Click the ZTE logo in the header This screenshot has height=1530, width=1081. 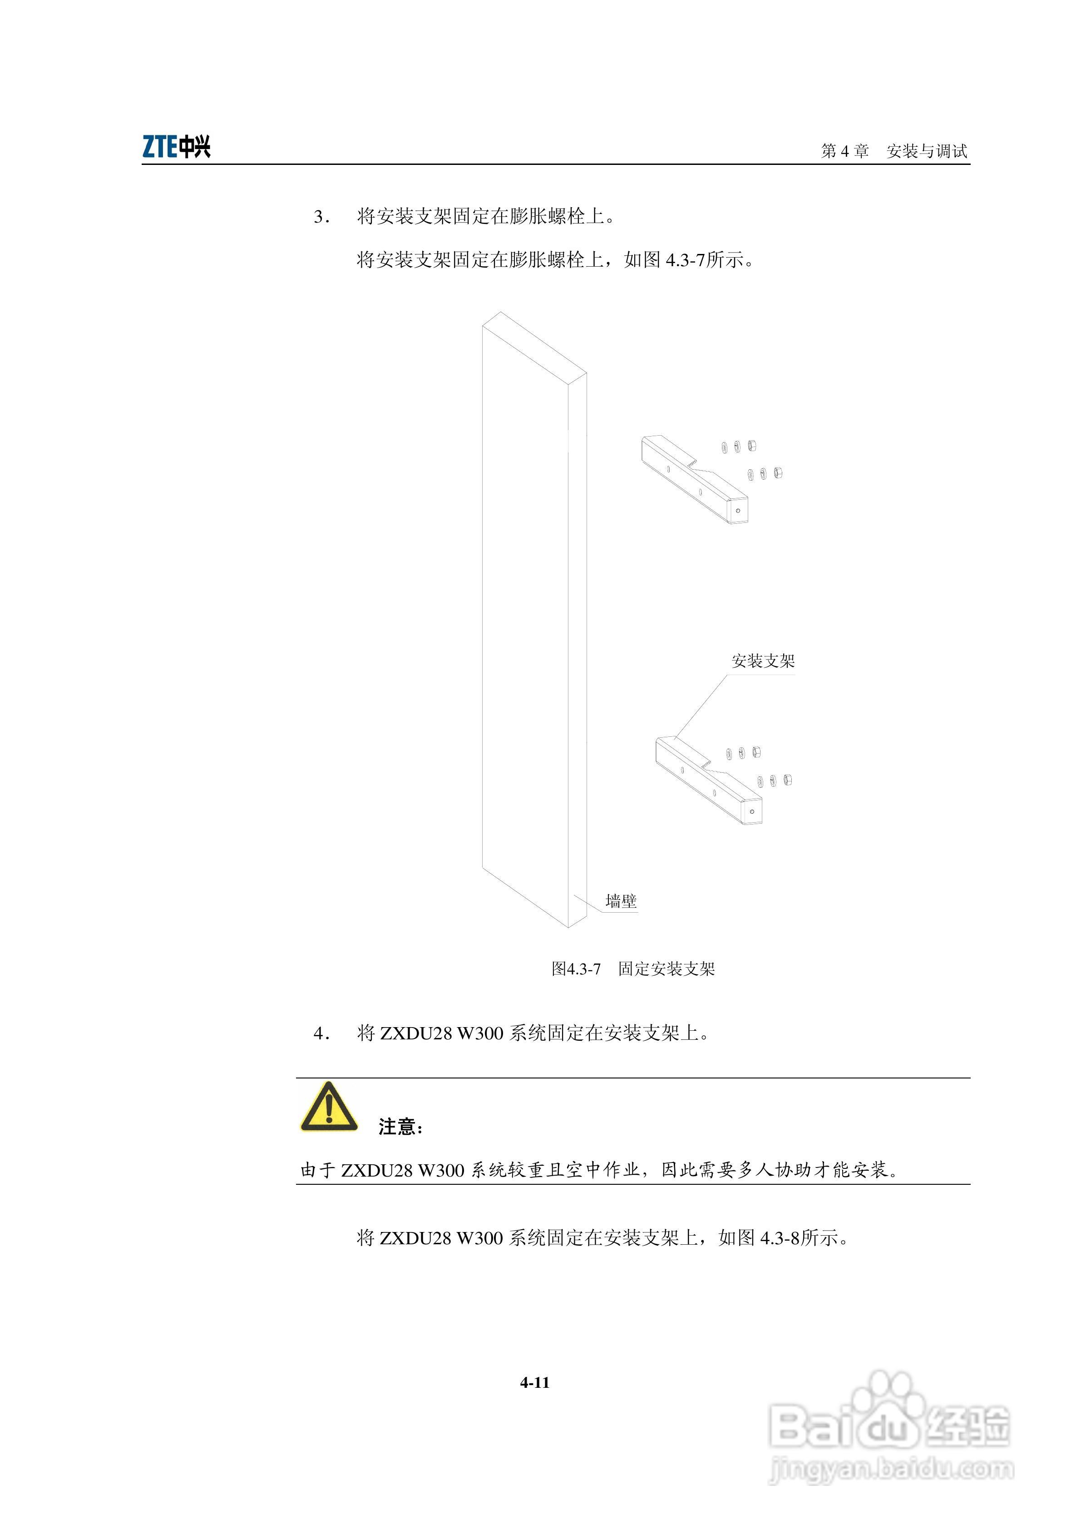coord(177,147)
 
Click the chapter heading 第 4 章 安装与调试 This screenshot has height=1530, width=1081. coord(894,151)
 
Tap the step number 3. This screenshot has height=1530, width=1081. coord(322,217)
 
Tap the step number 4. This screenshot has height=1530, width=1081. coord(322,1033)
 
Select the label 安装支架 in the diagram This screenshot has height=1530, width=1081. coord(763,661)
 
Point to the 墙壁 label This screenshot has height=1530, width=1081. coord(621,902)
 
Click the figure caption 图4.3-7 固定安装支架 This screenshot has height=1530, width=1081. coord(633,969)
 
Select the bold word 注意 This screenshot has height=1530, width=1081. coord(397,1127)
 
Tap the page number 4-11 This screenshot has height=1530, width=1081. coord(535,1383)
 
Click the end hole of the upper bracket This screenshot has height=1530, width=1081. coord(738,511)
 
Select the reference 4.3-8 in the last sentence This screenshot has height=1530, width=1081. coord(780,1238)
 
